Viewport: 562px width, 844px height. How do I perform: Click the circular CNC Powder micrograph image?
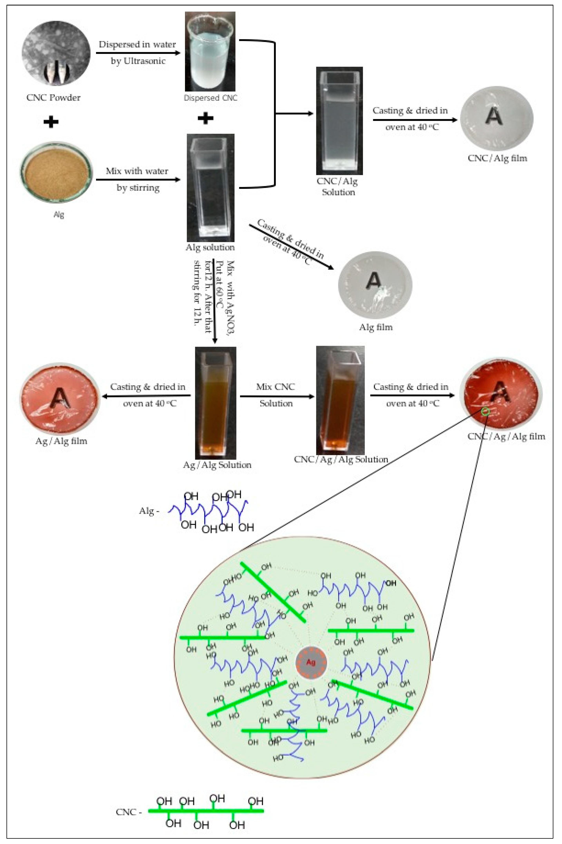click(56, 53)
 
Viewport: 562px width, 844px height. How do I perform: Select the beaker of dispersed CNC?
click(210, 52)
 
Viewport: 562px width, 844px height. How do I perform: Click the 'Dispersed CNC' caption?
click(210, 98)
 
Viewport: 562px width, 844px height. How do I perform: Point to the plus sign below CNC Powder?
click(51, 122)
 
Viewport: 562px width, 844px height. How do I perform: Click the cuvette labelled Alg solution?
click(210, 188)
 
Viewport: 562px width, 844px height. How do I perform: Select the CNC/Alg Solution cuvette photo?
click(339, 121)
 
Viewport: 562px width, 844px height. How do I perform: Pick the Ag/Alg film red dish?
click(60, 398)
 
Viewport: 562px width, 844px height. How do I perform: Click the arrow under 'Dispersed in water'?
click(138, 53)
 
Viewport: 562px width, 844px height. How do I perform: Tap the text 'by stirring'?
click(138, 188)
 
